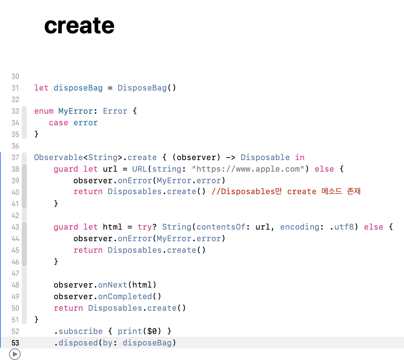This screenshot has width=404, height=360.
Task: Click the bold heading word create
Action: (x=79, y=26)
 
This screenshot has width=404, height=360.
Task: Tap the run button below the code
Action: (x=15, y=354)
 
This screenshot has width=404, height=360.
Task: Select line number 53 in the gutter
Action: (x=15, y=343)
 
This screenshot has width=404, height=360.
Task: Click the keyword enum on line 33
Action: (x=44, y=111)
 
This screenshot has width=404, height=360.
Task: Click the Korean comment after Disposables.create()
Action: (x=286, y=192)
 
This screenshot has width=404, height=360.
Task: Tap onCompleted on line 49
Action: (x=125, y=297)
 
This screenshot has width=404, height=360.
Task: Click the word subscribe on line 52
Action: (x=80, y=331)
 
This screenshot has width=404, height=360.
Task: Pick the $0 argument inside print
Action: (x=152, y=331)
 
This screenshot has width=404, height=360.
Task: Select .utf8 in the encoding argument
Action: (x=341, y=227)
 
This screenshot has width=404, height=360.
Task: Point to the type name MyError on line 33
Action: (x=75, y=111)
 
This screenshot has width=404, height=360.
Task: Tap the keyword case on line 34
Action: (x=58, y=123)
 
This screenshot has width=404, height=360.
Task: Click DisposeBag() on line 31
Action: (x=147, y=88)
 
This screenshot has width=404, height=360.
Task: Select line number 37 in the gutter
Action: (x=15, y=158)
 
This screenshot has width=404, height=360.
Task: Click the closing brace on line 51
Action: (x=36, y=319)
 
